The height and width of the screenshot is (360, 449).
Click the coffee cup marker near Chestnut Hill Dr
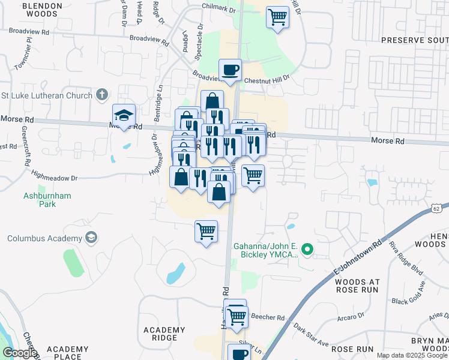pyautogui.click(x=230, y=70)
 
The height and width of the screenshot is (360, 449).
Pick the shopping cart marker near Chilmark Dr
pyautogui.click(x=277, y=17)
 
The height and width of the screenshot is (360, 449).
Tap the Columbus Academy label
pyautogui.click(x=44, y=238)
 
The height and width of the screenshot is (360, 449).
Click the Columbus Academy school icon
pyautogui.click(x=91, y=238)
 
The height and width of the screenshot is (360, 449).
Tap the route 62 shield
pyautogui.click(x=436, y=207)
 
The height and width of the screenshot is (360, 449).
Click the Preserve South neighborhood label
pyautogui.click(x=415, y=40)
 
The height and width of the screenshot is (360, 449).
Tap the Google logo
pyautogui.click(x=20, y=353)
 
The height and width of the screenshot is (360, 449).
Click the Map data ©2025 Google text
pyautogui.click(x=411, y=355)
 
